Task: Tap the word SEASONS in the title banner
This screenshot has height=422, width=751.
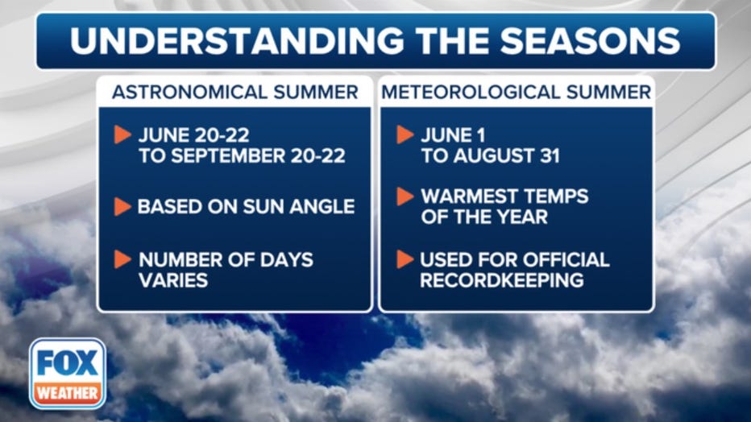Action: (x=590, y=40)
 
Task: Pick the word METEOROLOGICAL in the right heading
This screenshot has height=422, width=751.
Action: (x=471, y=92)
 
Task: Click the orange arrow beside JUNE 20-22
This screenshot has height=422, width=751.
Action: (x=122, y=135)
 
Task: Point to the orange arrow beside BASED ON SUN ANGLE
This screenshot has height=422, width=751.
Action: (x=122, y=207)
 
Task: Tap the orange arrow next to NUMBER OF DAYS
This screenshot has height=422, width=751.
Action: (x=122, y=259)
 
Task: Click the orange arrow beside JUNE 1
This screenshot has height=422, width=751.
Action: (x=405, y=135)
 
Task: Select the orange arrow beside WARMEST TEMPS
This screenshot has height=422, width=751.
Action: (x=405, y=197)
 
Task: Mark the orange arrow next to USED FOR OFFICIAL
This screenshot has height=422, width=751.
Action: (x=405, y=259)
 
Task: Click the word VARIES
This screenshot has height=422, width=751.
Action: (x=173, y=280)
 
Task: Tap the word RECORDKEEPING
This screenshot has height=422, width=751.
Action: (x=502, y=280)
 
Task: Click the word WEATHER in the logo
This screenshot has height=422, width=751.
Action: (x=68, y=393)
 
